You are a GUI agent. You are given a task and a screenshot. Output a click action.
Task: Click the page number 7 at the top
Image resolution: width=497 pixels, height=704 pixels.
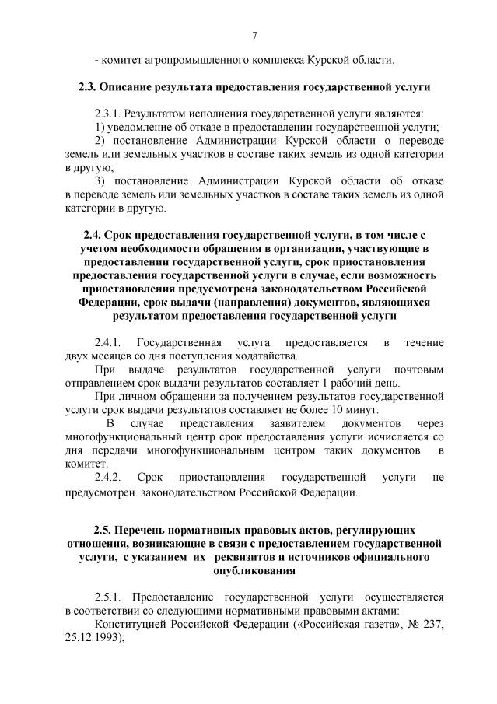pos(254,34)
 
